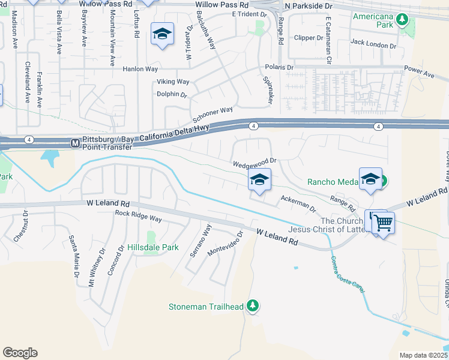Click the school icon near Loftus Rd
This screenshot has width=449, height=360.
coord(162,34)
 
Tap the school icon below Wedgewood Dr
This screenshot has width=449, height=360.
coord(259,179)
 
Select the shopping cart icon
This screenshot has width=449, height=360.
coord(383,223)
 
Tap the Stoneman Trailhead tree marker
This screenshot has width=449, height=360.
coord(253,307)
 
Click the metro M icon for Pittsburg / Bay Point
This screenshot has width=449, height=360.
coord(75,143)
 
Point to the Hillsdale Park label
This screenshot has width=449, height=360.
coord(152,247)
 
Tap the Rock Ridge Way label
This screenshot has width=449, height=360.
coord(139,216)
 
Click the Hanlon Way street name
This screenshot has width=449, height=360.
coord(140,69)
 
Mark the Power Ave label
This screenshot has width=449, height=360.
coord(419,71)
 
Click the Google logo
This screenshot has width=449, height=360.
coord(20,353)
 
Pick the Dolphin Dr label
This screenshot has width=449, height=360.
coord(172,94)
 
